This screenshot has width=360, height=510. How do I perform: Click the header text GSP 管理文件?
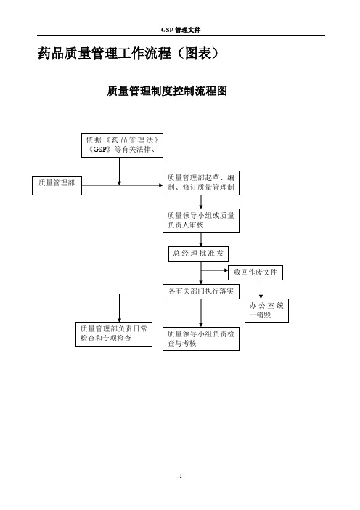point(181,30)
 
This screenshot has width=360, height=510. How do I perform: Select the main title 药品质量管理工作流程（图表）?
point(128,53)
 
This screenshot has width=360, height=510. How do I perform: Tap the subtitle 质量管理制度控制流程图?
point(167,91)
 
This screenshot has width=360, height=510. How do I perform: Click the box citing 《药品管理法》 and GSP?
point(122,145)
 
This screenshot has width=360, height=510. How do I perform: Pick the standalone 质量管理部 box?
point(57,185)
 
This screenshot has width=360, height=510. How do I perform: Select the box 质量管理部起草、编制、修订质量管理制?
point(201,183)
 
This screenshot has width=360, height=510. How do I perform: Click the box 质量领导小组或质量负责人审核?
point(201,221)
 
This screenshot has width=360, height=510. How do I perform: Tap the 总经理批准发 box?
point(199,254)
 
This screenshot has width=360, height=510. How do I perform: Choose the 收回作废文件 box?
point(255,272)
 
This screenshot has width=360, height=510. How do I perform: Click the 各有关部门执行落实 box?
point(201,291)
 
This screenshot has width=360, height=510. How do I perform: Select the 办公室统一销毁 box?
point(267,311)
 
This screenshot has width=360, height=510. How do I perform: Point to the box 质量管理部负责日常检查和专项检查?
point(114,334)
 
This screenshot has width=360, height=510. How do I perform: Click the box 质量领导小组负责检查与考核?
point(201,339)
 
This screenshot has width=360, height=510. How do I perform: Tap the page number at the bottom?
point(181,477)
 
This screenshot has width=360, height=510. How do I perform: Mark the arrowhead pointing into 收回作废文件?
point(226,270)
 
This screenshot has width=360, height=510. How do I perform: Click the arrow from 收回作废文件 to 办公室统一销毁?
point(261,289)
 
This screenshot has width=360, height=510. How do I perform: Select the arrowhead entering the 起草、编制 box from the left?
point(161,185)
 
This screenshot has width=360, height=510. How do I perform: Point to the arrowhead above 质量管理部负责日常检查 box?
point(120,320)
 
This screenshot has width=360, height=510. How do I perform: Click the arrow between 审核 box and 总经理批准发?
point(201,240)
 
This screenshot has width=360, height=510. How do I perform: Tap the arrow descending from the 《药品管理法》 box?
point(119,171)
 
